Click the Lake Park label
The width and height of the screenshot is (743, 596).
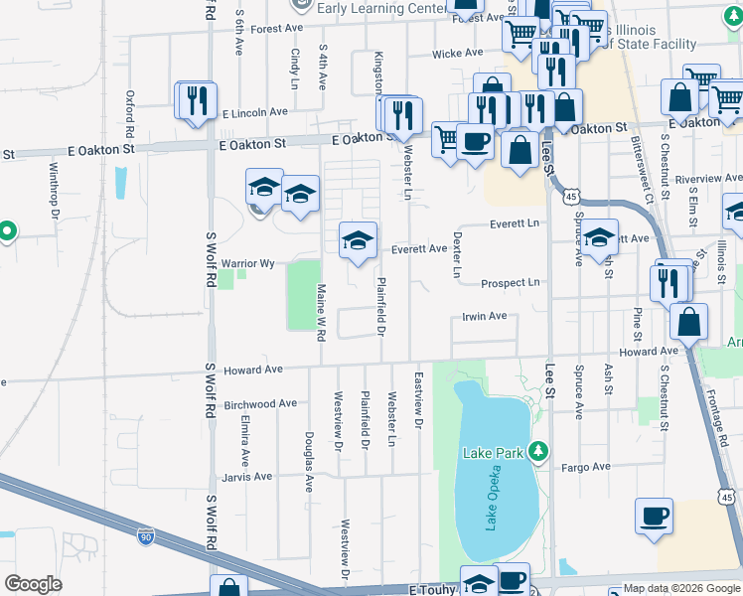coord(493,453)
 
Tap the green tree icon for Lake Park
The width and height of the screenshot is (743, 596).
coord(538,452)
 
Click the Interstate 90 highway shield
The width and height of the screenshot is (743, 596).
coord(146,536)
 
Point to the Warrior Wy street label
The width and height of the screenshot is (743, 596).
coord(247,263)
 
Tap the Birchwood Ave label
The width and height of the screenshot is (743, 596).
coord(261,404)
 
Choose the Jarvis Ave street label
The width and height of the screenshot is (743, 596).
coord(248,477)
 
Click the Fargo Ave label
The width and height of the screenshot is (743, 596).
coord(586,467)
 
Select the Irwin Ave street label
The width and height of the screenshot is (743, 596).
coord(485,317)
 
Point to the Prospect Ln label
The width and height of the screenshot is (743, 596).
coord(510,283)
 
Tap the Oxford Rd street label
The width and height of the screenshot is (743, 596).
coord(130,114)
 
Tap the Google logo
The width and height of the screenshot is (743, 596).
coord(33,584)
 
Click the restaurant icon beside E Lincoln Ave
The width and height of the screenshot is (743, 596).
coord(196,99)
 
